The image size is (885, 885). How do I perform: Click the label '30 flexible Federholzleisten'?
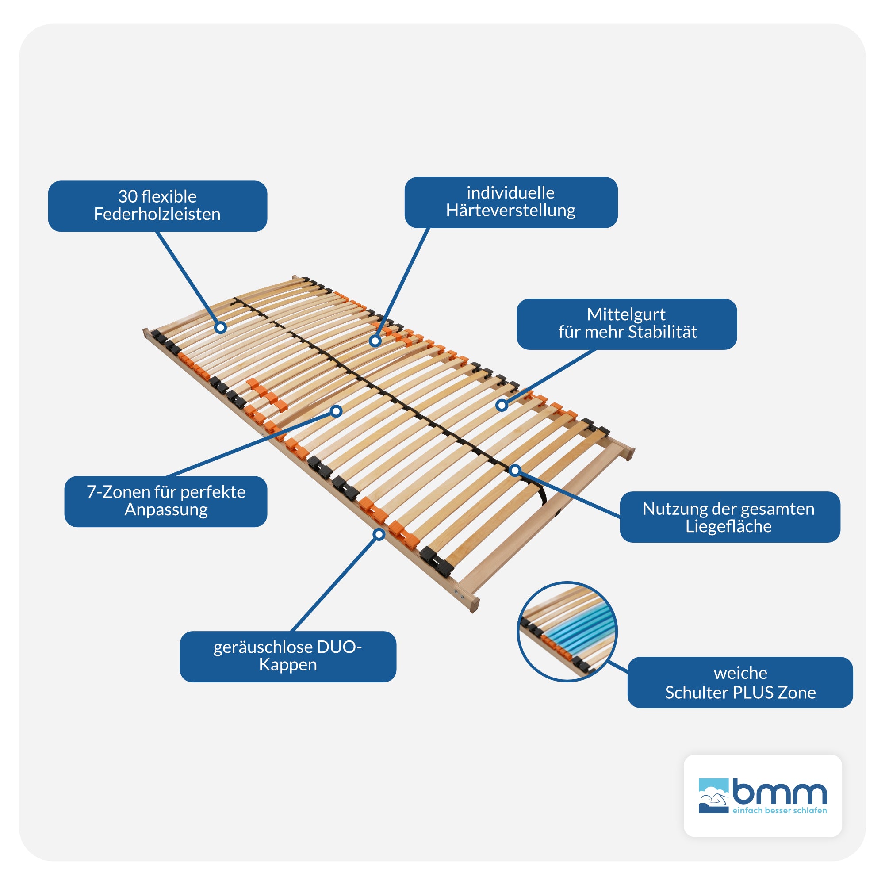pyautogui.click(x=157, y=206)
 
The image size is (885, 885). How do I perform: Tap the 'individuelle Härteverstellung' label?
pyautogui.click(x=511, y=202)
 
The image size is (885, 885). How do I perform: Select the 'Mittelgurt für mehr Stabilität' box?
pyautogui.click(x=626, y=324)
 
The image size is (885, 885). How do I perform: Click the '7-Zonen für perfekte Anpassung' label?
pyautogui.click(x=166, y=501)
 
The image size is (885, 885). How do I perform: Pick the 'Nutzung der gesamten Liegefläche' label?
pyautogui.click(x=729, y=517)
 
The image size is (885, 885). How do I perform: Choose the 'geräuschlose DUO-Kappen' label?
pyautogui.click(x=287, y=656)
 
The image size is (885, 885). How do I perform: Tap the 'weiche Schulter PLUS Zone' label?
pyautogui.click(x=740, y=682)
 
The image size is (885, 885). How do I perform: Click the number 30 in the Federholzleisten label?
pyautogui.click(x=128, y=196)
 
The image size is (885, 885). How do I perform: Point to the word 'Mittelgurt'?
pyautogui.click(x=626, y=314)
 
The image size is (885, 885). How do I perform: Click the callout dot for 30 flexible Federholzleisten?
pyautogui.click(x=221, y=328)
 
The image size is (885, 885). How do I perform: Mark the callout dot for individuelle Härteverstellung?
pyautogui.click(x=375, y=341)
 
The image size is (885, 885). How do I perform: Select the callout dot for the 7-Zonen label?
pyautogui.click(x=336, y=411)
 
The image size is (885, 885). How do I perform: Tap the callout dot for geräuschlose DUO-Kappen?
pyautogui.click(x=379, y=534)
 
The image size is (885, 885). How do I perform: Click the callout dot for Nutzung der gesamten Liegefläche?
pyautogui.click(x=515, y=471)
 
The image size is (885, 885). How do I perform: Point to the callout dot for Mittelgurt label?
pyautogui.click(x=502, y=405)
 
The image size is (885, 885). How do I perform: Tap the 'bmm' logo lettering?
pyautogui.click(x=779, y=792)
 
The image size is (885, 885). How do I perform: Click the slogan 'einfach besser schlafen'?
pyautogui.click(x=780, y=810)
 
